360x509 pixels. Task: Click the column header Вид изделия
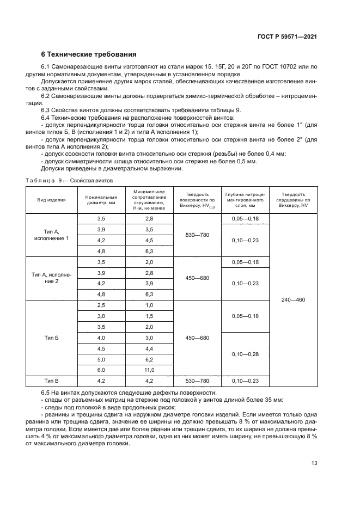(x=51, y=200)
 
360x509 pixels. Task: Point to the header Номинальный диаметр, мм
(x=101, y=200)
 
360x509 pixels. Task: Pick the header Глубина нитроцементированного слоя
(x=244, y=200)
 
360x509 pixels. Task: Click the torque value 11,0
(x=149, y=370)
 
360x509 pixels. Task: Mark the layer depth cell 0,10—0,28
(x=244, y=354)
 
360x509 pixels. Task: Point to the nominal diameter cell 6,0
(x=101, y=370)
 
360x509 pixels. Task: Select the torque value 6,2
(x=149, y=360)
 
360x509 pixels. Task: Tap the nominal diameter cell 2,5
(x=101, y=305)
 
